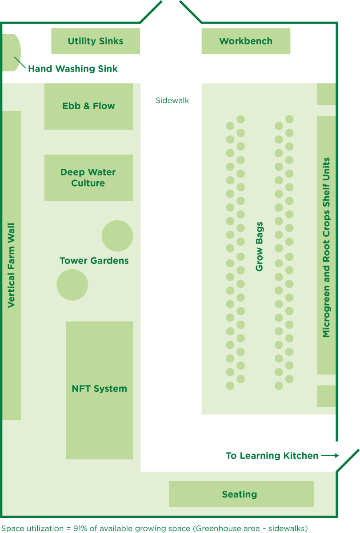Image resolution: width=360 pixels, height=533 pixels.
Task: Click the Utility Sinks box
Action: pyautogui.click(x=96, y=41)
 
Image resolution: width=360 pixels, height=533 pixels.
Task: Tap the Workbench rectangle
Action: pyautogui.click(x=246, y=41)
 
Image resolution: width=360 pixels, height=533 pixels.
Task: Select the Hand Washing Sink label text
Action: pyautogui.click(x=73, y=69)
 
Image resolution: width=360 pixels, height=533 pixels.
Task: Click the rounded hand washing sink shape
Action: pyautogui.click(x=11, y=52)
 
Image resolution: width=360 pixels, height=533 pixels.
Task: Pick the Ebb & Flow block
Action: pyautogui.click(x=89, y=106)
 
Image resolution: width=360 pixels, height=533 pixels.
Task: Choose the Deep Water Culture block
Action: pyautogui.click(x=89, y=178)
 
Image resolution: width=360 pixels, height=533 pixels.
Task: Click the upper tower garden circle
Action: pyautogui.click(x=117, y=236)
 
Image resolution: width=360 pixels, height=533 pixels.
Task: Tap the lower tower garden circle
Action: pyautogui.click(x=72, y=285)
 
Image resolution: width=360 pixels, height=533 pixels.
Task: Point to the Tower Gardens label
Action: pyautogui.click(x=94, y=261)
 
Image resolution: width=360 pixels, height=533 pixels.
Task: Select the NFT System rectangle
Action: pyautogui.click(x=100, y=390)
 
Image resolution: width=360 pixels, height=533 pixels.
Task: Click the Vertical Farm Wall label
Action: pyautogui.click(x=11, y=265)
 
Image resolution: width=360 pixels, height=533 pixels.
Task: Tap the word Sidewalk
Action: pyautogui.click(x=172, y=100)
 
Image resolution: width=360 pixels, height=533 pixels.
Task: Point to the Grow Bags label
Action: pyautogui.click(x=259, y=247)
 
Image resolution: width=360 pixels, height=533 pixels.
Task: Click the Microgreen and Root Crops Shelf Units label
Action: pyautogui.click(x=326, y=247)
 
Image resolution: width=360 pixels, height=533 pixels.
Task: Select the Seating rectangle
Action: pyautogui.click(x=241, y=494)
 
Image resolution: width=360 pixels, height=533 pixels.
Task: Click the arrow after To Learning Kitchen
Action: pyautogui.click(x=330, y=456)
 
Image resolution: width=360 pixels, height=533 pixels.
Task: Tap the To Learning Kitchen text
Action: pyautogui.click(x=272, y=456)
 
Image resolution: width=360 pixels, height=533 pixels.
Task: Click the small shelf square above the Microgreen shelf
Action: pyautogui.click(x=326, y=94)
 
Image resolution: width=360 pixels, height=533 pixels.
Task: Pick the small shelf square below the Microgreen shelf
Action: pyautogui.click(x=326, y=396)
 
